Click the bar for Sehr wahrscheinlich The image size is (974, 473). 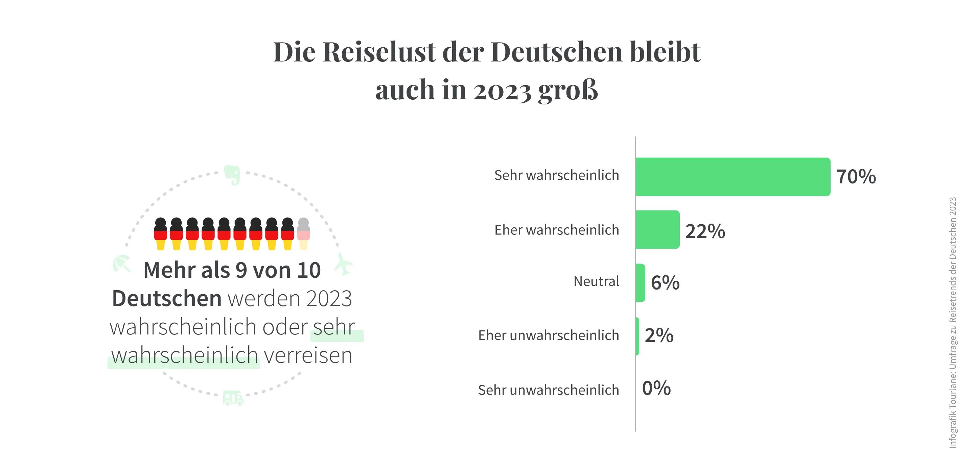[x=733, y=177]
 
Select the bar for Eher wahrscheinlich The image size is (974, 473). [x=657, y=230]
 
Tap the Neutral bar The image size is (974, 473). [x=641, y=283]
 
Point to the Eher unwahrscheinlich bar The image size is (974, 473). [x=637, y=336]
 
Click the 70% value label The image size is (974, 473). [x=856, y=177]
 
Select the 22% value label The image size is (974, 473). [x=705, y=231]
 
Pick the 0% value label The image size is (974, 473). [x=656, y=389]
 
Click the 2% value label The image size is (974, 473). [x=659, y=335]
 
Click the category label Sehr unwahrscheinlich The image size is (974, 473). [x=548, y=390]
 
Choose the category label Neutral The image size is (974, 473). [x=596, y=281]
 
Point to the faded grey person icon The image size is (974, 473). [x=303, y=233]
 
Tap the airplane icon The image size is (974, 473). [x=343, y=264]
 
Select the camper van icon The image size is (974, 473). [x=233, y=398]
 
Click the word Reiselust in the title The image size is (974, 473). [x=379, y=52]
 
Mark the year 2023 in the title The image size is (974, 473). [x=502, y=91]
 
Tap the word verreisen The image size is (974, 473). [x=308, y=355]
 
